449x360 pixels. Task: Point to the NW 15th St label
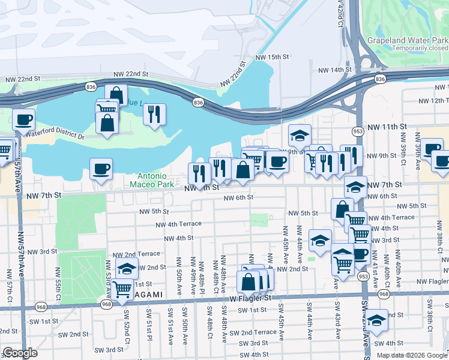[x=273, y=56]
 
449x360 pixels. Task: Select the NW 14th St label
[x=334, y=70]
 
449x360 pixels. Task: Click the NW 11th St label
[x=387, y=127]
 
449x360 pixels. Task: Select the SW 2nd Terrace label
[x=253, y=332]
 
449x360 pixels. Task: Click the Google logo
[x=20, y=353]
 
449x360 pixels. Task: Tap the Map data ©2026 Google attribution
[x=412, y=355]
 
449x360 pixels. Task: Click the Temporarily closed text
[x=420, y=48]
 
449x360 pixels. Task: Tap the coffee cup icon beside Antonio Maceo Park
[x=101, y=168]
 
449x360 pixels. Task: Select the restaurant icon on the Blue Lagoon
[x=154, y=114]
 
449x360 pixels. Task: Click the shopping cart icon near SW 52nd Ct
[x=122, y=288]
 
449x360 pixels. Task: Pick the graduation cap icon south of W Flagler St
[x=377, y=320]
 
